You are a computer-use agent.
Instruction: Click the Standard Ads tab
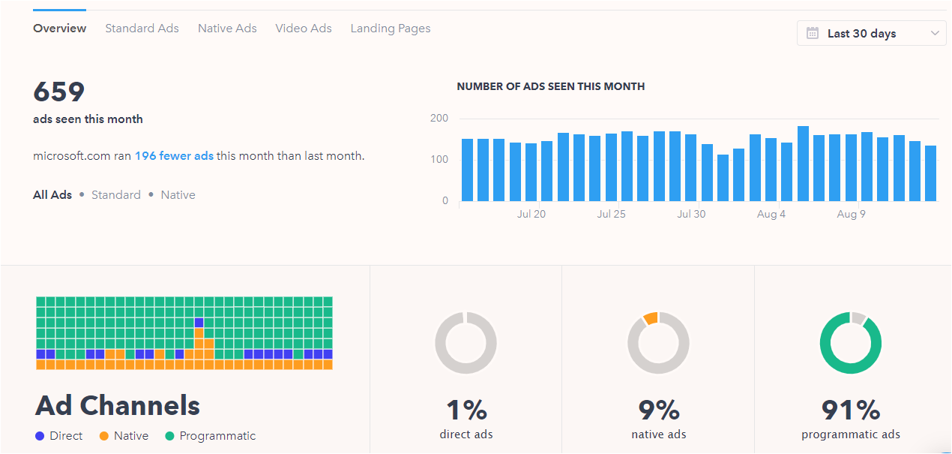[x=142, y=29]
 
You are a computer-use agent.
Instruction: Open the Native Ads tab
[x=227, y=29]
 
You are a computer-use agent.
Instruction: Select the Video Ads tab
[x=303, y=29]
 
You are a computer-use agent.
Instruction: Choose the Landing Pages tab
[x=391, y=29]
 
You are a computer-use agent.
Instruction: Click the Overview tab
[x=60, y=29]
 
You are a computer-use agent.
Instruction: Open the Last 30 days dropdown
[x=871, y=33]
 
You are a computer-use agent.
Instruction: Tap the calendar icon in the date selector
[x=812, y=33]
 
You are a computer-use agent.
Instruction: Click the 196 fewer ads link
[x=174, y=156]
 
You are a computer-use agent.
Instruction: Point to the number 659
[x=59, y=92]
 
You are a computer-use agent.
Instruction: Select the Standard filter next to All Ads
[x=116, y=194]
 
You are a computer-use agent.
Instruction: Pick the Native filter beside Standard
[x=178, y=194]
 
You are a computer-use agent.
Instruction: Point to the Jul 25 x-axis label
[x=611, y=214]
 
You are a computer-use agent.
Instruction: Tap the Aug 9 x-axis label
[x=852, y=214]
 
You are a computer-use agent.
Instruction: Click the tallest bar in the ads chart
[x=803, y=164]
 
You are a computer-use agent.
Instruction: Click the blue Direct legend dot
[x=40, y=436]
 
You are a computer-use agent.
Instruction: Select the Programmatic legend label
[x=217, y=436]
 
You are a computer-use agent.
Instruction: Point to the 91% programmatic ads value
[x=851, y=410]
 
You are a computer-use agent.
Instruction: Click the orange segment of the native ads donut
[x=650, y=318]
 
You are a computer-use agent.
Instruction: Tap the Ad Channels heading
[x=118, y=405]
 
